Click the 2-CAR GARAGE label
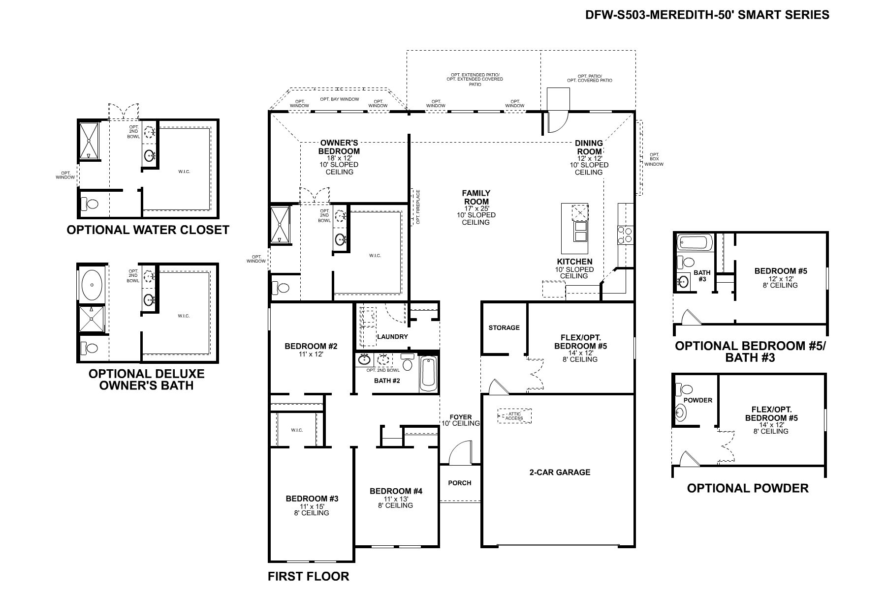point(560,472)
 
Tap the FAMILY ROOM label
point(476,197)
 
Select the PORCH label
point(460,483)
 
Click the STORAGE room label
point(504,327)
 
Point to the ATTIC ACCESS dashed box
point(514,416)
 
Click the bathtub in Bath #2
point(428,373)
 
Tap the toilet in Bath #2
point(408,363)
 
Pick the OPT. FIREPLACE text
point(418,207)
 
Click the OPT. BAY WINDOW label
point(340,99)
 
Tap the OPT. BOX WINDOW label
point(654,159)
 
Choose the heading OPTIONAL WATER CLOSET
point(148,230)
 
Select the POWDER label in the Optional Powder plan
point(698,400)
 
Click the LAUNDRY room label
point(392,337)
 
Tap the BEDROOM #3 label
point(312,499)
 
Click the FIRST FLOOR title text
point(308,576)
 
